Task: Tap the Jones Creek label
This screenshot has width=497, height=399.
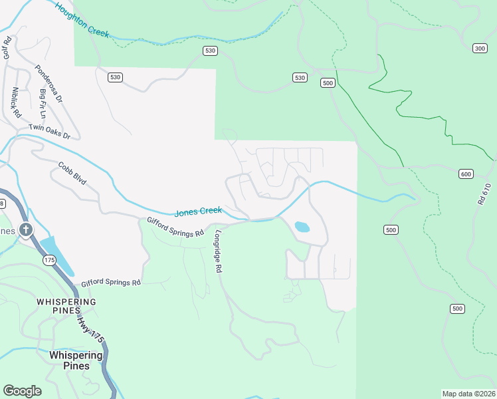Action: pyautogui.click(x=197, y=212)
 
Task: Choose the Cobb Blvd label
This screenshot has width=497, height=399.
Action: pyautogui.click(x=72, y=174)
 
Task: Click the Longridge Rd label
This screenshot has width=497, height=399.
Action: pyautogui.click(x=217, y=251)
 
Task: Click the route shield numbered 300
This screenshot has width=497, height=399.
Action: pyautogui.click(x=480, y=49)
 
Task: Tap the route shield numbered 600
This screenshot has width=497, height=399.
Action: pyautogui.click(x=466, y=174)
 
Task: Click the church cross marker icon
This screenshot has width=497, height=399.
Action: pyautogui.click(x=26, y=231)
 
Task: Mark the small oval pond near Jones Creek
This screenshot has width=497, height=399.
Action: pyautogui.click(x=302, y=227)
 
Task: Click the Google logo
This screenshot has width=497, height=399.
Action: pyautogui.click(x=22, y=391)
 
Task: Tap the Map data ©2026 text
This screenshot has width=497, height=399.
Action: pyautogui.click(x=468, y=394)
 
